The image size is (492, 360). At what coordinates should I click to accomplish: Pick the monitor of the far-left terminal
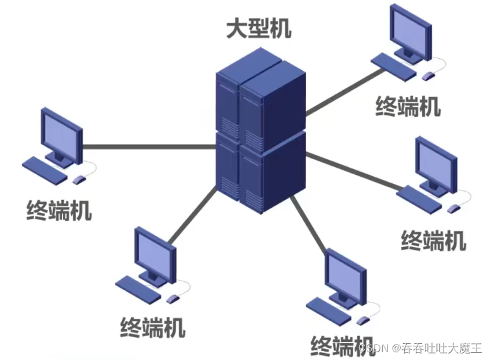(61, 132)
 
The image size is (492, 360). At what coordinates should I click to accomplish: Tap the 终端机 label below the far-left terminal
(59, 210)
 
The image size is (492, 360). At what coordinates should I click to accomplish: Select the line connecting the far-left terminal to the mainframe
(149, 146)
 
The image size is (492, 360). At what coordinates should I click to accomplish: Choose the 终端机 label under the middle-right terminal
(433, 240)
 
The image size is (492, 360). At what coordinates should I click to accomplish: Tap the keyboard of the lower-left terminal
(138, 287)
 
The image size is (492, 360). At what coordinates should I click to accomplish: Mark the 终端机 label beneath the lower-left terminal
(153, 326)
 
